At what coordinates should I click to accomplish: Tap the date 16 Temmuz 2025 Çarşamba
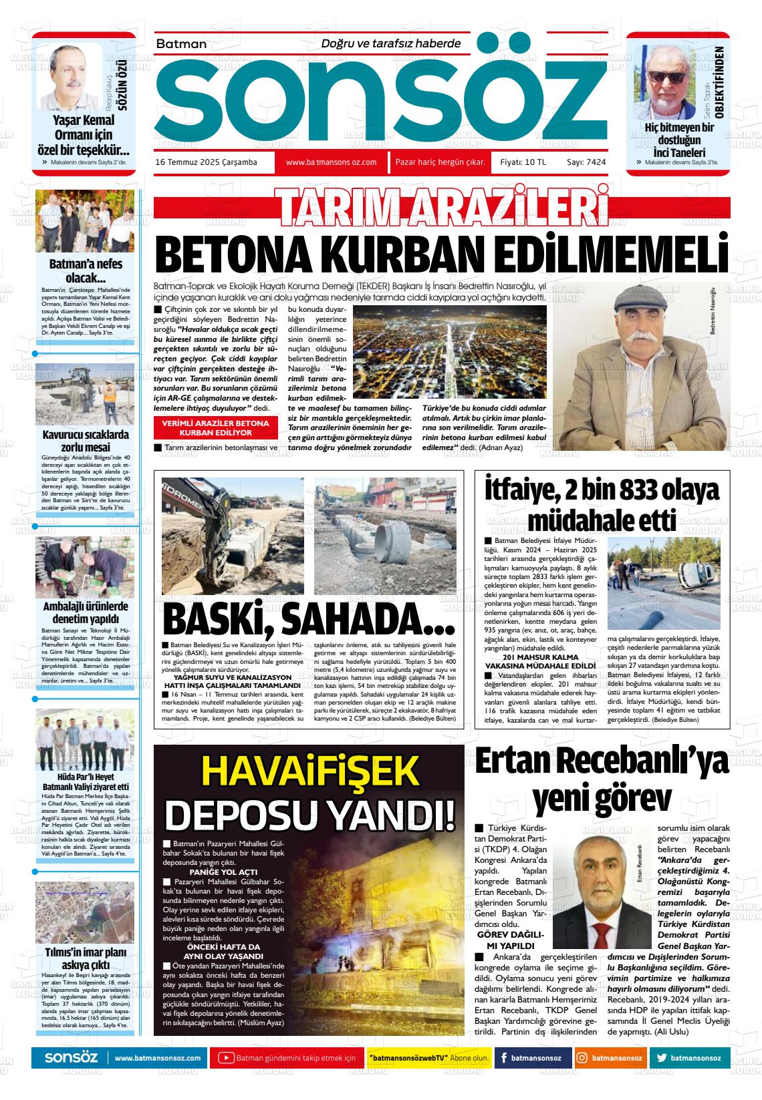point(206,162)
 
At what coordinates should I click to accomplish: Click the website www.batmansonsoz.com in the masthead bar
point(331,162)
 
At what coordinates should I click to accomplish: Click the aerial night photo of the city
point(449,352)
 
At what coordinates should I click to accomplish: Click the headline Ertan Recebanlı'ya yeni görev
point(602,778)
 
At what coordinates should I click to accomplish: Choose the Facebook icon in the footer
point(503,1058)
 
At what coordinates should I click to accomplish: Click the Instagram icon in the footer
point(582,1058)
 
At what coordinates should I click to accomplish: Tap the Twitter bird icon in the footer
point(662,1058)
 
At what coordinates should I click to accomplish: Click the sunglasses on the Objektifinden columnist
point(666,76)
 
